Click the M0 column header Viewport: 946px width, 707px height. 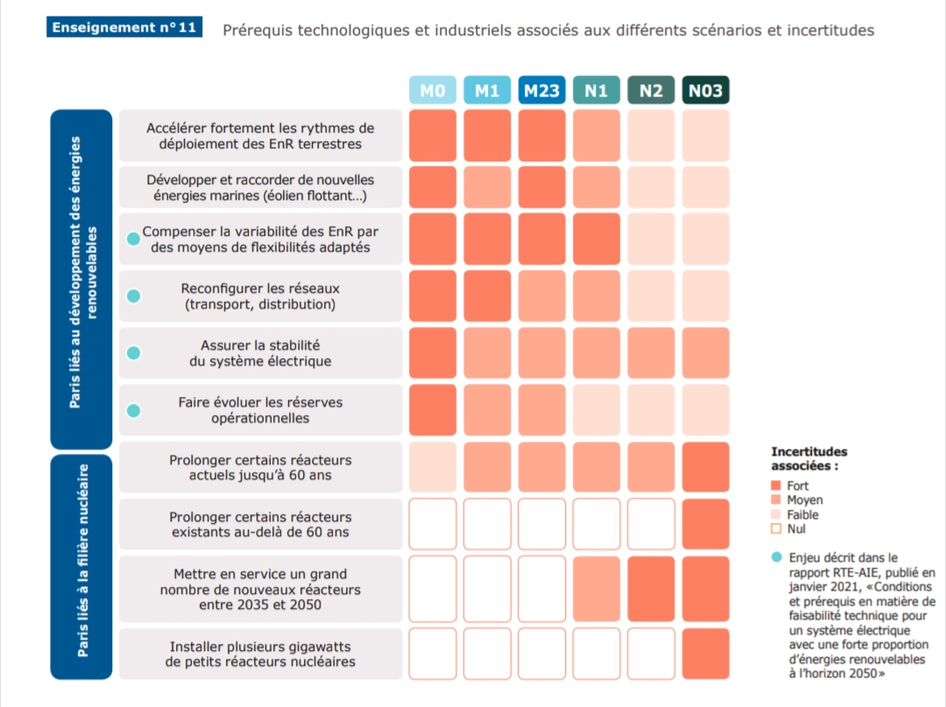[x=433, y=91]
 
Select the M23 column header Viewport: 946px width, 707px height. [x=541, y=91]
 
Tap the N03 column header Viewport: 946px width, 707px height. [x=705, y=91]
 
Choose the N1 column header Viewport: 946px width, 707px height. [x=596, y=91]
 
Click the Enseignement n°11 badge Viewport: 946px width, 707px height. [x=124, y=27]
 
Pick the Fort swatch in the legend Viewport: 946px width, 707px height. [x=775, y=485]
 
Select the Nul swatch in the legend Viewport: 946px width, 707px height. [x=775, y=528]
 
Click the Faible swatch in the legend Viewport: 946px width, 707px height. [x=775, y=514]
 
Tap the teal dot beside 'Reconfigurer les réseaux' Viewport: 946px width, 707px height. [x=133, y=296]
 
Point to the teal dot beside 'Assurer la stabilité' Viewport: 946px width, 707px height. [x=133, y=353]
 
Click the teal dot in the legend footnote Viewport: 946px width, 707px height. [x=776, y=556]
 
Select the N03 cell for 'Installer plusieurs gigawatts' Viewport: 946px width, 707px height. [x=705, y=654]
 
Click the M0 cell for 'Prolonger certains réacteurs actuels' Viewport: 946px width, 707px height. [x=433, y=468]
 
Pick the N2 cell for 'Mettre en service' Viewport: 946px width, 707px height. [x=651, y=589]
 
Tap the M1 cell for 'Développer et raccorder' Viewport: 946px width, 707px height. [x=487, y=187]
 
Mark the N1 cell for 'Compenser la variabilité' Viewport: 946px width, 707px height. [x=596, y=239]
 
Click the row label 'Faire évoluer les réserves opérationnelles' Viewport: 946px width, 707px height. [x=260, y=410]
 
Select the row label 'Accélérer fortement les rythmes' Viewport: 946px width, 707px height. [x=260, y=136]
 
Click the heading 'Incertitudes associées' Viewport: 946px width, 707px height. [x=808, y=458]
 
